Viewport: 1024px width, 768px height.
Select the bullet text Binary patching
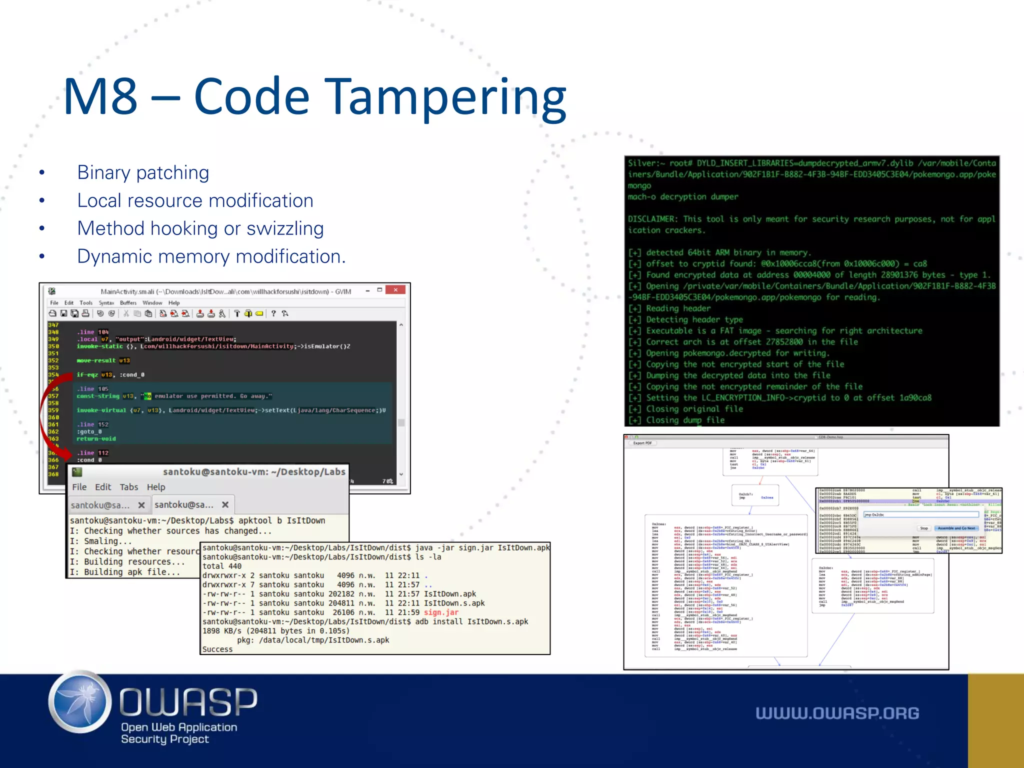pos(143,172)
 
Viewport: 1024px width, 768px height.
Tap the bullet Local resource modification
pos(195,200)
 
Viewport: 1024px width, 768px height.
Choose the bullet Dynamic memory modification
pos(211,256)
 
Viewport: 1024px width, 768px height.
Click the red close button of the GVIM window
pos(395,290)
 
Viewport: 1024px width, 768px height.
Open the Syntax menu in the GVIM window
pos(106,302)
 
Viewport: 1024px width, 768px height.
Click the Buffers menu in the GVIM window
pos(128,302)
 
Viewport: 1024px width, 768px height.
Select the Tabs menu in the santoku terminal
pos(128,487)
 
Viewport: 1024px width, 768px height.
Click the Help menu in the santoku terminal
pos(156,487)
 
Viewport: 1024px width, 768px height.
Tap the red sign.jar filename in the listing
pos(441,612)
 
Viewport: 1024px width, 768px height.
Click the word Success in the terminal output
pos(217,649)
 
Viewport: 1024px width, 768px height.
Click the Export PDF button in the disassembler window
pos(642,443)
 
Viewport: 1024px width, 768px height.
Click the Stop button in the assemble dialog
pos(923,528)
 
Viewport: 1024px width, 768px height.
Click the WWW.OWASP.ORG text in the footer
pos(837,713)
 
